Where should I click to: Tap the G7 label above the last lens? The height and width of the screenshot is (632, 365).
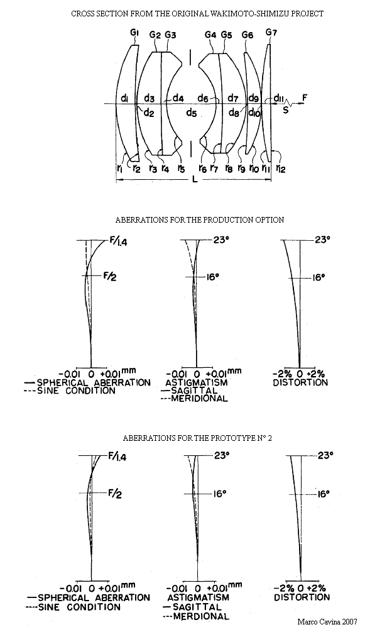271,33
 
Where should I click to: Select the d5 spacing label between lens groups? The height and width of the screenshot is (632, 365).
192,114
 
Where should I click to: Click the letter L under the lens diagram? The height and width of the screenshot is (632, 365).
195,179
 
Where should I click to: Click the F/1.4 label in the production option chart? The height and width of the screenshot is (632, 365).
118,242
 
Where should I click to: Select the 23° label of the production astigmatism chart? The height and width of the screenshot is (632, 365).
221,240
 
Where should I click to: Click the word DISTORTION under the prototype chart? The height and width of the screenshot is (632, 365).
302,597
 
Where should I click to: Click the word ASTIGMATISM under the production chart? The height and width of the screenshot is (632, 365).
197,382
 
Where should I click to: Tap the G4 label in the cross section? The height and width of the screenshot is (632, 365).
210,35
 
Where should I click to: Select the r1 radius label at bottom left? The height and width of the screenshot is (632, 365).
120,169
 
